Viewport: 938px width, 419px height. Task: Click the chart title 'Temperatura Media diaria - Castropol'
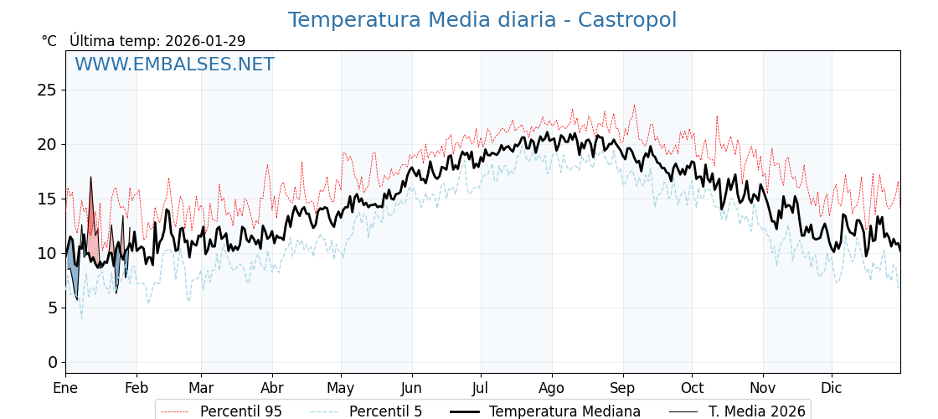point(482,20)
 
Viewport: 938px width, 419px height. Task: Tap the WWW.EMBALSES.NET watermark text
point(174,65)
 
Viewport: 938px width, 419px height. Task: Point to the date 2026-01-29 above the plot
point(205,41)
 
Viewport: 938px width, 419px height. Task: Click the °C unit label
point(49,41)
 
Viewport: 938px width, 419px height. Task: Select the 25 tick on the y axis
point(47,90)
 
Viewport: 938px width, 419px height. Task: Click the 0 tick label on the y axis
point(52,362)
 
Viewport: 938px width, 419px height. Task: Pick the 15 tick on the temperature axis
point(47,199)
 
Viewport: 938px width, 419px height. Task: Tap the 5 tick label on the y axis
point(52,308)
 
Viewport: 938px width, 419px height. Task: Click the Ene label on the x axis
point(65,388)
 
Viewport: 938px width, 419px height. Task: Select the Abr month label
point(272,388)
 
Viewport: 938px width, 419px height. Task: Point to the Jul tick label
point(481,388)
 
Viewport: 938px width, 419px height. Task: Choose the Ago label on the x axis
point(552,388)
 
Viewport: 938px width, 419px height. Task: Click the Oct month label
point(692,388)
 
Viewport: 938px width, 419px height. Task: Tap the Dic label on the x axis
point(832,388)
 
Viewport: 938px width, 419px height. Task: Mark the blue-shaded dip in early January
point(73,277)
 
